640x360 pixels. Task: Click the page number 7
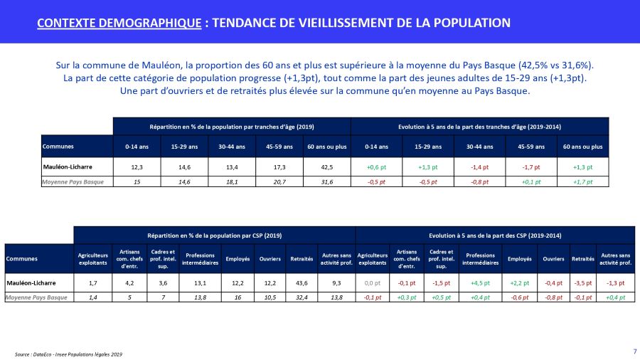[x=634, y=351]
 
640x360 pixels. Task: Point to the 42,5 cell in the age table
[x=326, y=167]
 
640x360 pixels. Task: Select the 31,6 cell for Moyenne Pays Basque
[x=326, y=182]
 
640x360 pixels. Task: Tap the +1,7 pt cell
[x=585, y=182]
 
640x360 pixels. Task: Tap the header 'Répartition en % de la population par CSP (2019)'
[x=215, y=234]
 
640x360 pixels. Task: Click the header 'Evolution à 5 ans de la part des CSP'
[x=494, y=234]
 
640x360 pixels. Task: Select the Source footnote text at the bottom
[x=68, y=354]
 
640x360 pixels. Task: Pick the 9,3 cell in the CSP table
[x=331, y=282]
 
